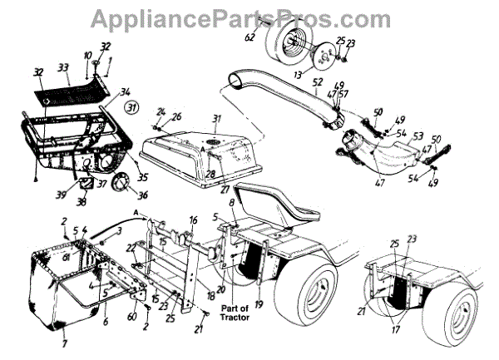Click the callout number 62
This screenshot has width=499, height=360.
[x=249, y=37]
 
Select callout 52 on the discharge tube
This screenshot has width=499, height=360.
[x=318, y=81]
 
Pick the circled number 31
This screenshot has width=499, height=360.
[x=131, y=108]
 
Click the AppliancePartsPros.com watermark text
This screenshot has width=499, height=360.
[x=249, y=17]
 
